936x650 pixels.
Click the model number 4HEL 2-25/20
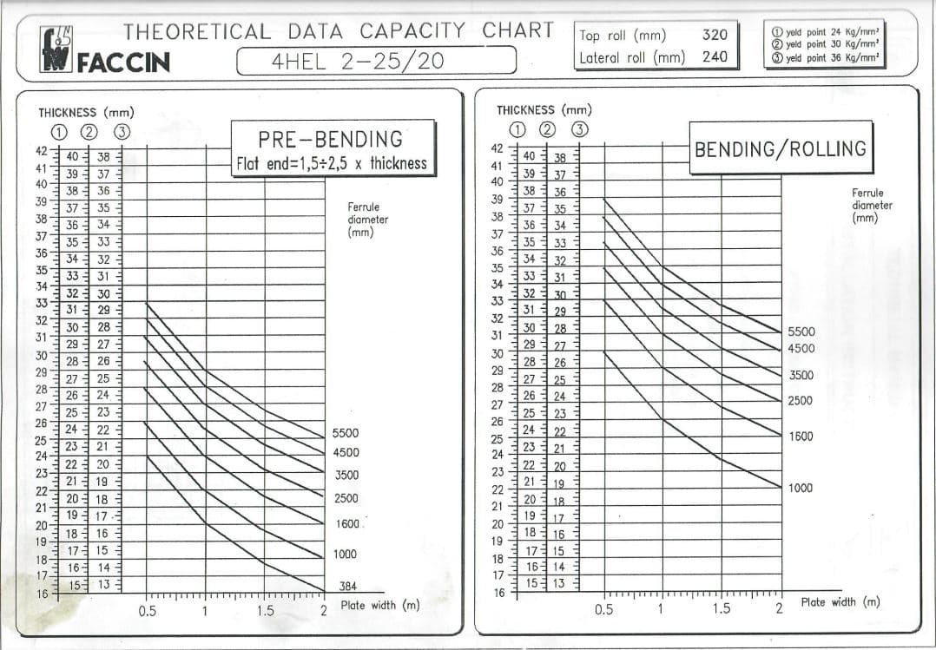click(x=376, y=62)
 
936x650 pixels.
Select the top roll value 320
click(x=714, y=36)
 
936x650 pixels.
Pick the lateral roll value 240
click(x=714, y=58)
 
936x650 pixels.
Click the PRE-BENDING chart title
click(x=330, y=139)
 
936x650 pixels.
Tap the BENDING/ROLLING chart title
click(x=780, y=148)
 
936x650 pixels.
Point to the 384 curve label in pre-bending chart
click(x=347, y=587)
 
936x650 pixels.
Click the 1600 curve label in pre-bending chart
click(x=346, y=524)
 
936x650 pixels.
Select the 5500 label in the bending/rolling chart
click(x=801, y=332)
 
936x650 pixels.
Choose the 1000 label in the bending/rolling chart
click(x=801, y=488)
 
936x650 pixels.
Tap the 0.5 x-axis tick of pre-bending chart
click(x=147, y=611)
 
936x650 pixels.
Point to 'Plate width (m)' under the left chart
click(x=379, y=605)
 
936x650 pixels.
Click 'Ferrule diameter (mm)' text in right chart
click(x=872, y=206)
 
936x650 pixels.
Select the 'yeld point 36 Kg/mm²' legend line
click(x=825, y=58)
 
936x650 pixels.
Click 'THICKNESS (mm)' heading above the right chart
click(x=544, y=110)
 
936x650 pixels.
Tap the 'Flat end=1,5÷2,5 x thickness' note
click(x=332, y=163)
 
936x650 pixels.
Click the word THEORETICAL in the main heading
click(x=197, y=31)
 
